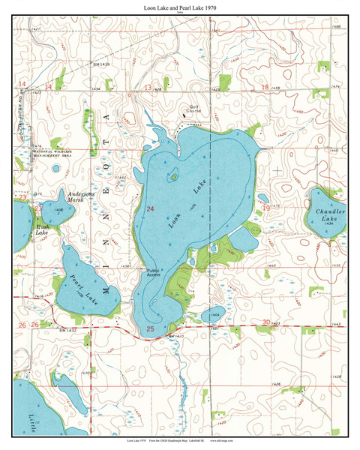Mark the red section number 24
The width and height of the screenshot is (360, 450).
tap(150, 208)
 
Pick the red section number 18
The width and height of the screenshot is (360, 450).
tap(265, 88)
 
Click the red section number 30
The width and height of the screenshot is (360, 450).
tap(265, 322)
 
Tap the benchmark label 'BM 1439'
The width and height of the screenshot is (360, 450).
tap(100, 65)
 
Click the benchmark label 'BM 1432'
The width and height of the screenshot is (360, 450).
tap(68, 329)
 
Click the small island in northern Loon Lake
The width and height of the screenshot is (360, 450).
tap(174, 177)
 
